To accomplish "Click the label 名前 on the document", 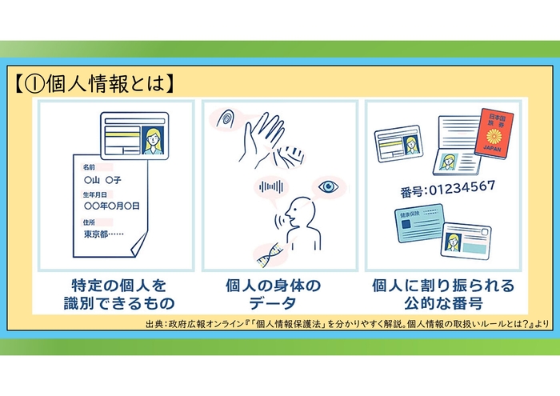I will click(x=89, y=167).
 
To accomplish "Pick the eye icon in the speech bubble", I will click(x=327, y=186).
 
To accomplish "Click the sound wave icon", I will click(x=270, y=189).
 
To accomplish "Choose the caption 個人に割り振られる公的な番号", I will click(x=442, y=294).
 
